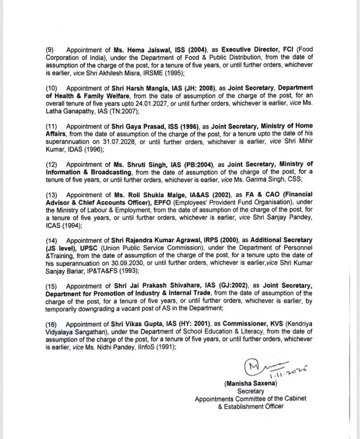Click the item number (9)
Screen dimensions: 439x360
coord(51,50)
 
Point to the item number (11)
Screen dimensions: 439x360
coord(52,126)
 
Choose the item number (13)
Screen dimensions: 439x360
coord(52,194)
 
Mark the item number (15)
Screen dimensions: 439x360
coord(52,286)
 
